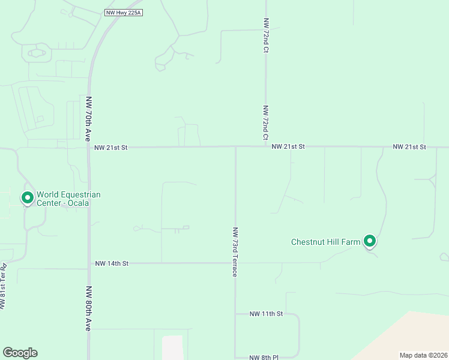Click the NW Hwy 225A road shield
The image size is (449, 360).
click(x=123, y=13)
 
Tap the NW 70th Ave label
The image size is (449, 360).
click(x=88, y=116)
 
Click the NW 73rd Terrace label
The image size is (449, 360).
click(x=235, y=251)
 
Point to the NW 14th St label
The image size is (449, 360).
click(x=112, y=263)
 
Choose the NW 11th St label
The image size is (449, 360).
click(x=266, y=314)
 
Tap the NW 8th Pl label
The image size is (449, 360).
click(x=264, y=358)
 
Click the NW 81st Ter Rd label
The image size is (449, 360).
click(x=4, y=287)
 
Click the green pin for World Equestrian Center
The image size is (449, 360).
click(x=27, y=197)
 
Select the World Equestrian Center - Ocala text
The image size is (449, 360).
click(x=68, y=198)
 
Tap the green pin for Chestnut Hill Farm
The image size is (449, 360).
click(x=370, y=241)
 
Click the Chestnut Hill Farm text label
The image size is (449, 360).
click(x=325, y=242)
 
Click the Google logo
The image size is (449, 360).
click(x=20, y=353)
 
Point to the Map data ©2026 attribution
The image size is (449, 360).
click(x=423, y=355)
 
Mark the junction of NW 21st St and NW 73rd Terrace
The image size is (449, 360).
click(x=235, y=146)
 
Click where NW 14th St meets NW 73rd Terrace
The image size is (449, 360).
click(x=235, y=263)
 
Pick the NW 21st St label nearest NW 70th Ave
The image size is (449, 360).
click(x=111, y=147)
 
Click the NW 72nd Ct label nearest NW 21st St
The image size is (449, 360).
click(x=265, y=123)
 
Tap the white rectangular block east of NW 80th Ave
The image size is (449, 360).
click(x=172, y=347)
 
